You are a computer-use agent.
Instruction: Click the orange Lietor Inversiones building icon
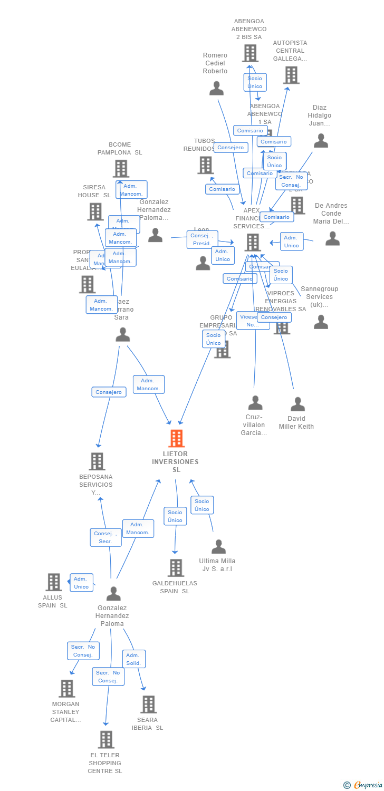click(176, 438)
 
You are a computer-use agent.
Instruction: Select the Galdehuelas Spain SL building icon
click(176, 568)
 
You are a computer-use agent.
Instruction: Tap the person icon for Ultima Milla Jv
click(218, 547)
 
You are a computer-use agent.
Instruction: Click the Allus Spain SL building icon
click(54, 582)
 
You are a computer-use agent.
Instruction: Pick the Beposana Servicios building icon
click(97, 461)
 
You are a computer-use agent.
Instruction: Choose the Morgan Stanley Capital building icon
click(67, 689)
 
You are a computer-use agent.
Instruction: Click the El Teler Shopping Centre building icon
click(106, 740)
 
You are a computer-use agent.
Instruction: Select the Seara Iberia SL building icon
click(148, 705)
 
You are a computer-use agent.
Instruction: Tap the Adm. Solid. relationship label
click(133, 659)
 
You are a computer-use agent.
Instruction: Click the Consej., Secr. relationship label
click(105, 537)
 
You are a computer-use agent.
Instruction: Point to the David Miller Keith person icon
click(297, 404)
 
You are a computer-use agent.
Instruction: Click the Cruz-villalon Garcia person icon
click(255, 403)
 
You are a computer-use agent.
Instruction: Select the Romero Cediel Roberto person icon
click(216, 89)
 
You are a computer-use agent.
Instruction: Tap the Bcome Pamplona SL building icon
click(121, 169)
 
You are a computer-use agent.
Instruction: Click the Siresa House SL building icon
click(95, 211)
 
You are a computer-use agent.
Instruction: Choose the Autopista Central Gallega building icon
click(291, 75)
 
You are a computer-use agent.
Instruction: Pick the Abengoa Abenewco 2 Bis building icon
click(250, 53)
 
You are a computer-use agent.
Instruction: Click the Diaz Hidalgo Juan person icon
click(321, 141)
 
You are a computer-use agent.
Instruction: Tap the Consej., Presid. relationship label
click(201, 239)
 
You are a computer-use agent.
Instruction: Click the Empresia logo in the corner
click(363, 785)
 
